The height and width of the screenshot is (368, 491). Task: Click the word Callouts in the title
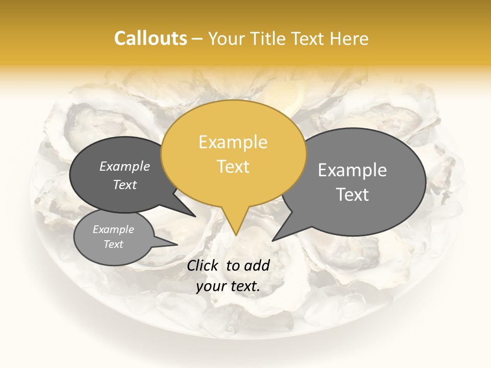(x=150, y=38)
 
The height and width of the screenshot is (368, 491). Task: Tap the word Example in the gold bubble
(x=233, y=142)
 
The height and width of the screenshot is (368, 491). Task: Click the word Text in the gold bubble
(x=233, y=166)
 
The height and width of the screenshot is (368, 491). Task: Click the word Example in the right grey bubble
(x=352, y=170)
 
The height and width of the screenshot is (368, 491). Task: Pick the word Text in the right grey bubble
(x=352, y=194)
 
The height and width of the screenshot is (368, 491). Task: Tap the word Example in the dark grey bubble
(x=125, y=166)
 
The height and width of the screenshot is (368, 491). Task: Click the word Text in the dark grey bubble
(x=125, y=185)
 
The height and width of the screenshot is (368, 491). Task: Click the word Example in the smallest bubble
(x=113, y=229)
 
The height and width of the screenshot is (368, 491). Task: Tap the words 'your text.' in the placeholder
(x=228, y=287)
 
